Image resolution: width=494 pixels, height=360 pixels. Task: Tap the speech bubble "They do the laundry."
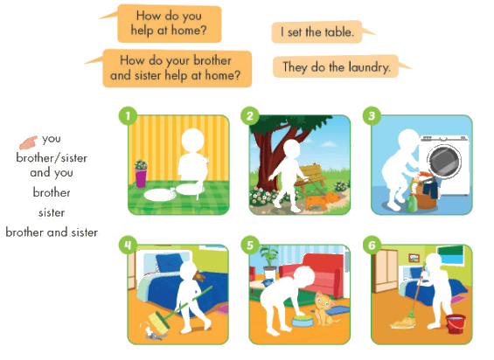[337, 66]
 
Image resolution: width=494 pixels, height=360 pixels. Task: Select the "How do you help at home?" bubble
[169, 24]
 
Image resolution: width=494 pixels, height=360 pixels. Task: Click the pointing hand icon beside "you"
[28, 142]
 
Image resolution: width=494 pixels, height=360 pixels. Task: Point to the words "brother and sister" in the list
[52, 232]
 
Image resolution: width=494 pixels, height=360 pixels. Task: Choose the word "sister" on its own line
[52, 213]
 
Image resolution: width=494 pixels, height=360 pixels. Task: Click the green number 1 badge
[128, 116]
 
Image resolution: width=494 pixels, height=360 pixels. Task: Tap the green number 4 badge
[128, 246]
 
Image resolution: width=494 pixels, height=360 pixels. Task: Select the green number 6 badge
[372, 246]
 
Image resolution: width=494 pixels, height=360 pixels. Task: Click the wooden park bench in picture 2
[312, 177]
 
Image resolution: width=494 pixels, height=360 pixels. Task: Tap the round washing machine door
[444, 161]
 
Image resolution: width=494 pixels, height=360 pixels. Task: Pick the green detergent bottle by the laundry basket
[412, 202]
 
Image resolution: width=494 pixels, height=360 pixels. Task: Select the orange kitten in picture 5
[325, 308]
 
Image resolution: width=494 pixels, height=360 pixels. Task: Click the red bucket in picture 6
[456, 323]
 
